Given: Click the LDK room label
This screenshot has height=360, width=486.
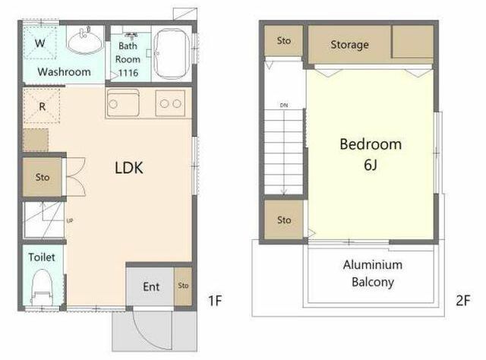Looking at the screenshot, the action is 129,168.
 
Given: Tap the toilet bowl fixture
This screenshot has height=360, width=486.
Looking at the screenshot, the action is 42,287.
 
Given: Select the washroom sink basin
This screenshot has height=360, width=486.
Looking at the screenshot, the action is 85,41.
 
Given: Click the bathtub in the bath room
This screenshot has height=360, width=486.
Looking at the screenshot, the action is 172,54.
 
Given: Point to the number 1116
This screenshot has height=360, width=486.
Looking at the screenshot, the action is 128,73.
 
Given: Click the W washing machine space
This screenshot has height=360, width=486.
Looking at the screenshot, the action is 40,43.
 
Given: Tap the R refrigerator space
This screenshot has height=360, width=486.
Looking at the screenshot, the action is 42,106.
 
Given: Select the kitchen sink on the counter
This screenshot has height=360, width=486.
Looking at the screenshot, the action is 123,103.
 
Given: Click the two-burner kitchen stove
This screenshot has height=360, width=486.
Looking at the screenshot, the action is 170,103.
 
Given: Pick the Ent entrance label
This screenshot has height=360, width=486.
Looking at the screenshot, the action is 151,287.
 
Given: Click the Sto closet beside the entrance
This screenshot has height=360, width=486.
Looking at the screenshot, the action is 183,286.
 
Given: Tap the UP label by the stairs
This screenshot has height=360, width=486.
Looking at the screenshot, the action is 70,221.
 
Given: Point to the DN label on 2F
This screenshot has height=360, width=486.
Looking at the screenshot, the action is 284,106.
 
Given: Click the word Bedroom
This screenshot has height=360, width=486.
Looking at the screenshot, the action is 371,144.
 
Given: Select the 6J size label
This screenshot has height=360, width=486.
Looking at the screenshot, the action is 371,164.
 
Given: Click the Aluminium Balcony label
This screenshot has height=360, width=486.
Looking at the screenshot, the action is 373,273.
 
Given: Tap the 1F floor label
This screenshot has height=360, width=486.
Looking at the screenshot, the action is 215,301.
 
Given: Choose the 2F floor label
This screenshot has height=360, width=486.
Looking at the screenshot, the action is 463,301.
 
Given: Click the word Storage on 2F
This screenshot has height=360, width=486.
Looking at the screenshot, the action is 349,45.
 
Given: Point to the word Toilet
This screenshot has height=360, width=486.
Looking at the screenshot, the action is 42,257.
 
